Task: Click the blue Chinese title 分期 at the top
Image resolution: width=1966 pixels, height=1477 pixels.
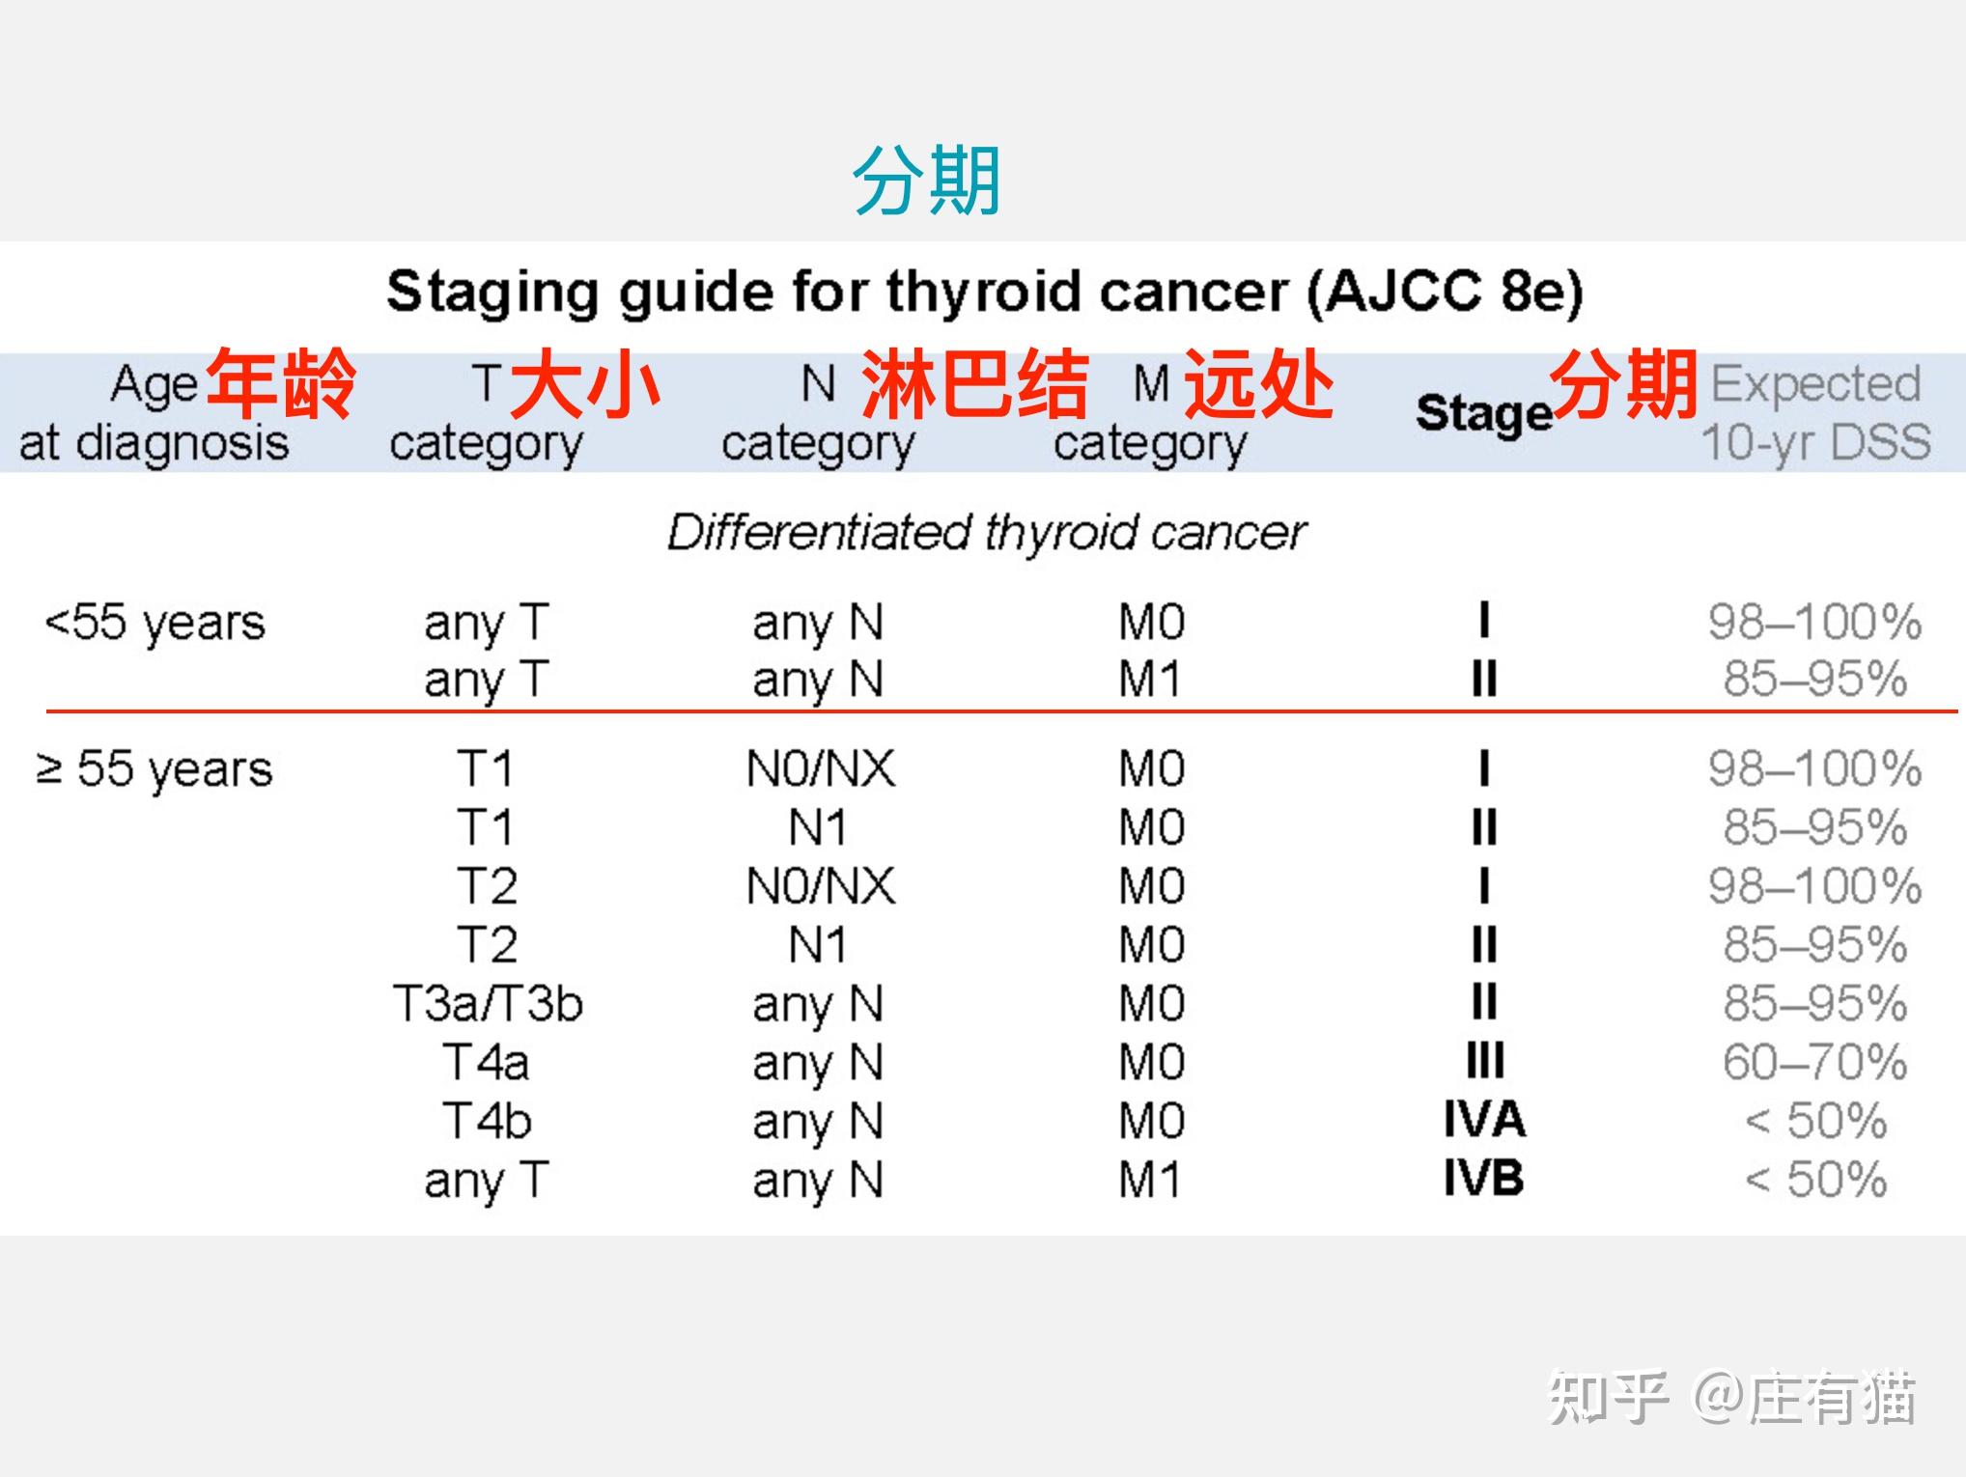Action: (x=926, y=181)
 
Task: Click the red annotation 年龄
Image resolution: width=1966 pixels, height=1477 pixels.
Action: (x=281, y=384)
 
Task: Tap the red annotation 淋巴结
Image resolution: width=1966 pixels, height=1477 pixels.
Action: (x=975, y=384)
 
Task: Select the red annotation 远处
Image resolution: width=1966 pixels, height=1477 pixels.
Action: (x=1259, y=384)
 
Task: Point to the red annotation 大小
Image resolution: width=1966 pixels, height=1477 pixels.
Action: (x=585, y=384)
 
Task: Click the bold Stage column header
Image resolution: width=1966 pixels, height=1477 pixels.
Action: (x=1484, y=413)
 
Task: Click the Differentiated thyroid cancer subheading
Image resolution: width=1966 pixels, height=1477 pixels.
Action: (x=987, y=532)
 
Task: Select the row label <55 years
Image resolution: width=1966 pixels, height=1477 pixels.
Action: (x=154, y=623)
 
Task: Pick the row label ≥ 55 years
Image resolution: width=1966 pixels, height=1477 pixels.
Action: (x=154, y=769)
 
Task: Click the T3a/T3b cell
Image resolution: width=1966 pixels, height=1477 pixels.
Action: (x=488, y=1004)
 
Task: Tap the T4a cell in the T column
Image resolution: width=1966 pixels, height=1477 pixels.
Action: (x=486, y=1062)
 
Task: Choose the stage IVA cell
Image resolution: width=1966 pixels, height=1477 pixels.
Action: (x=1484, y=1120)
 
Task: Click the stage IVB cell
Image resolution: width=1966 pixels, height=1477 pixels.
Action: (x=1483, y=1178)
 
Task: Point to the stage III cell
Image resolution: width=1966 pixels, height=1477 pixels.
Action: (x=1485, y=1061)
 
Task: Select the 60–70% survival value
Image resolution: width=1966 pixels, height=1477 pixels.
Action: (x=1814, y=1062)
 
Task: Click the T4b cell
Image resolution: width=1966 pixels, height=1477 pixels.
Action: (x=487, y=1121)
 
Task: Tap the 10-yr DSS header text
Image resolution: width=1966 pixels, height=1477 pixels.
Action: (x=1815, y=442)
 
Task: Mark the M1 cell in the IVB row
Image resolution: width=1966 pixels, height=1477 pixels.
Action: (x=1149, y=1180)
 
